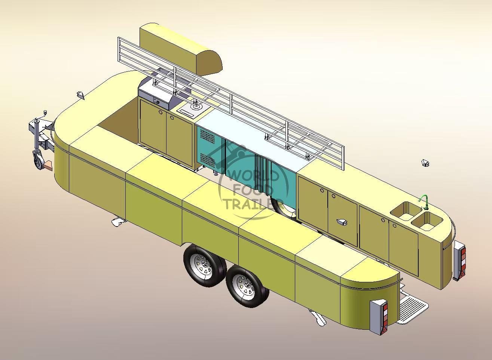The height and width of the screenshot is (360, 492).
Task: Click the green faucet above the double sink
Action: tap(424, 200)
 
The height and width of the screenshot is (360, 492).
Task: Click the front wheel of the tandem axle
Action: tap(204, 266)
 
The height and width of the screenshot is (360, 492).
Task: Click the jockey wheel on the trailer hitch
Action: tap(37, 161)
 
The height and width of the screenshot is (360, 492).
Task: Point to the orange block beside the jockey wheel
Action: tap(48, 164)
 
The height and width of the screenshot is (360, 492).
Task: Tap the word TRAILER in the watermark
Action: tap(249, 204)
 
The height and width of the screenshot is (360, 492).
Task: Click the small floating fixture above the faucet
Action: tap(425, 163)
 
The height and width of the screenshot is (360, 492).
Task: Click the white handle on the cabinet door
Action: tap(342, 222)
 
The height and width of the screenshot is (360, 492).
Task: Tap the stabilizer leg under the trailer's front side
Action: tap(118, 222)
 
